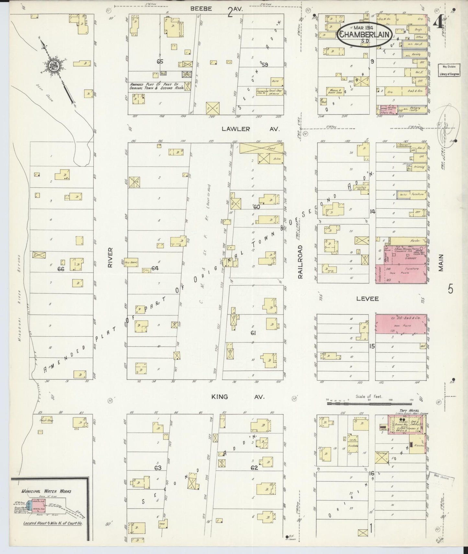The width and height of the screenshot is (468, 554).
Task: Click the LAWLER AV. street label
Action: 250,129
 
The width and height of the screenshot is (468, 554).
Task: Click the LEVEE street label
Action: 365,298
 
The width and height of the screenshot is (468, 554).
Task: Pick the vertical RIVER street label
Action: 110,258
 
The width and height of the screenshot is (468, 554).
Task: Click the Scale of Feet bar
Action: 366,404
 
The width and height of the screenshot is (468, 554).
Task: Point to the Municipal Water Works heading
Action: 46,491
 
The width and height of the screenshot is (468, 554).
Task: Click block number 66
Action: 61,269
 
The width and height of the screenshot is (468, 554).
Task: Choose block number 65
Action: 160,62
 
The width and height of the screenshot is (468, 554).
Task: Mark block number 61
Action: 253,333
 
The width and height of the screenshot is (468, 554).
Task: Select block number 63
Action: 157,468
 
